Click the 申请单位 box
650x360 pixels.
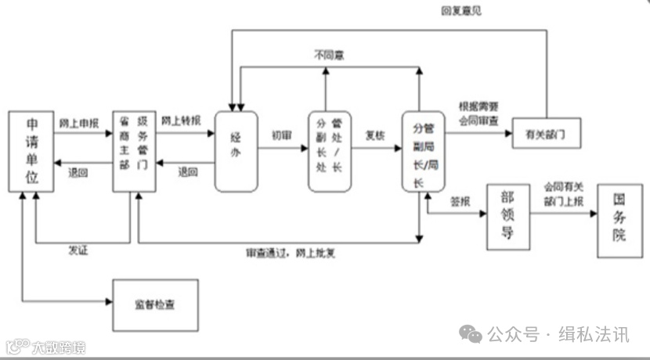(32, 152)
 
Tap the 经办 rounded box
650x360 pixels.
(236, 150)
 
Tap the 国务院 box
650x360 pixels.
(619, 222)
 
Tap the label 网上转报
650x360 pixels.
(181, 121)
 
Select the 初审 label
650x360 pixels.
(282, 134)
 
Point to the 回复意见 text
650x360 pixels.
(460, 10)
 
